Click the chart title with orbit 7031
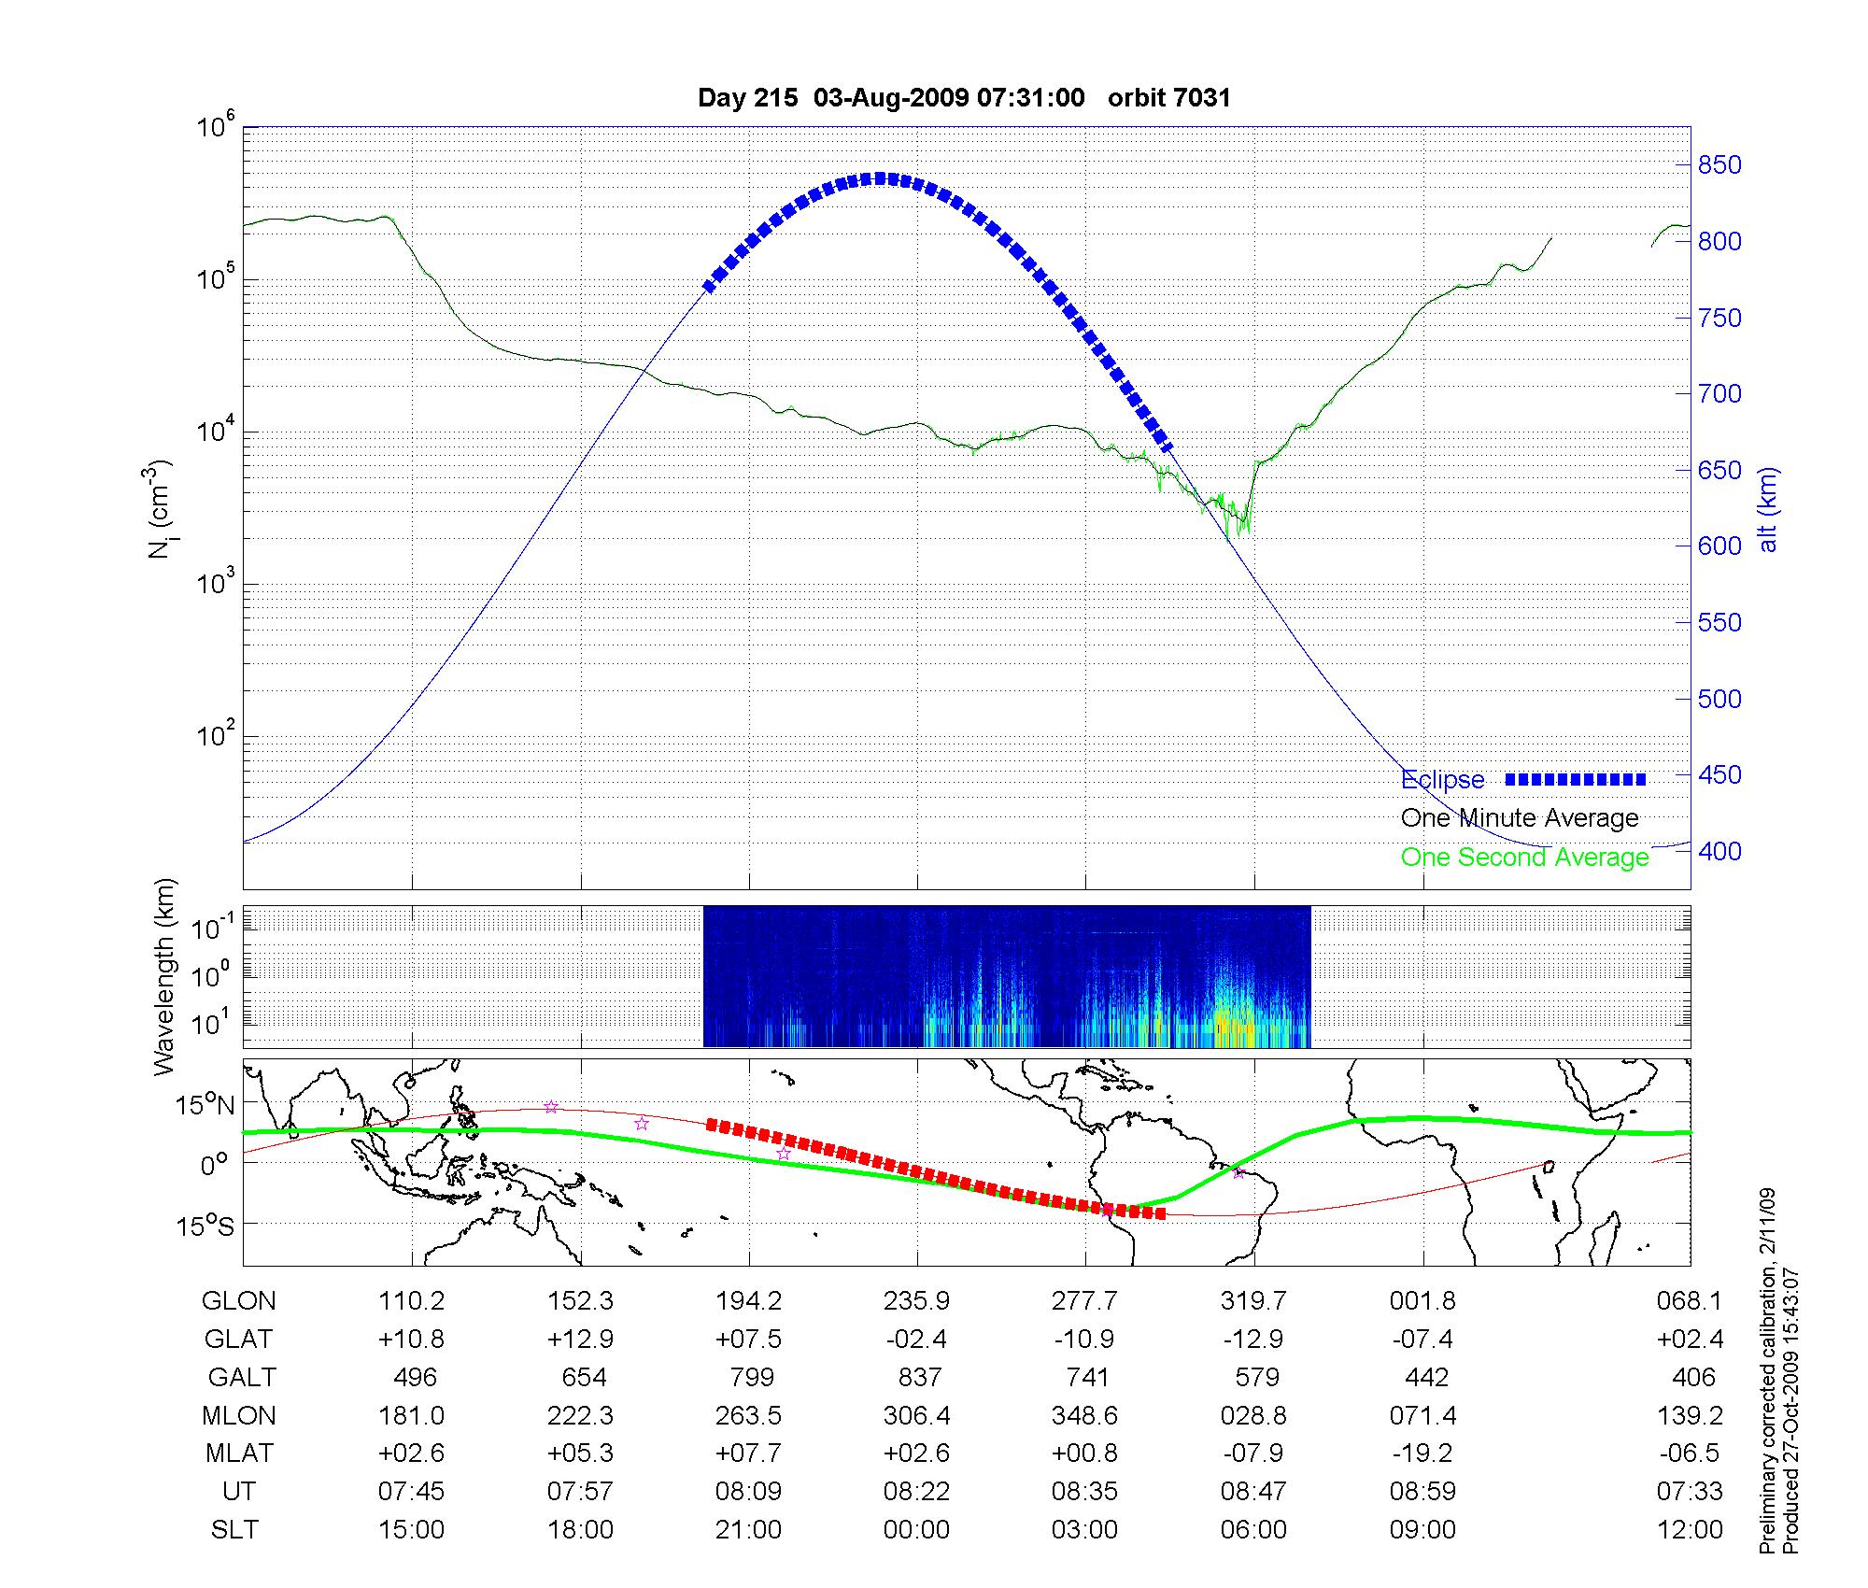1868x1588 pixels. pos(964,98)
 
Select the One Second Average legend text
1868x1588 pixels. pos(1524,858)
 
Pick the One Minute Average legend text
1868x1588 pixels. pos(1520,818)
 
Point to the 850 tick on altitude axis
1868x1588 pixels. pos(1719,165)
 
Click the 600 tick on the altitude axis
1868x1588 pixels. pos(1719,546)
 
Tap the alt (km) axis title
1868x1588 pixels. pos(1768,509)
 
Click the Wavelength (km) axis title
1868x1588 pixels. pos(164,976)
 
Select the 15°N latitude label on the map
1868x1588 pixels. pos(205,1106)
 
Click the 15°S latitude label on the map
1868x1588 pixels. pos(205,1225)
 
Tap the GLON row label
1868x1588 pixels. pos(239,1301)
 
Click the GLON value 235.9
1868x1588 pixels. pos(917,1301)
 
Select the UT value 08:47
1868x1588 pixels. pos(1253,1492)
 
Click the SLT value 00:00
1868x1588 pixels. pos(917,1530)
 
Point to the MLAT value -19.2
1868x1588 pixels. pos(1422,1453)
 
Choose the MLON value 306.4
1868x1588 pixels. pos(917,1416)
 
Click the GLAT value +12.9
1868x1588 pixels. pos(580,1340)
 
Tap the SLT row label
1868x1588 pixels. pos(235,1530)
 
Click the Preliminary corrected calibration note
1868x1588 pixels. pos(1767,1373)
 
